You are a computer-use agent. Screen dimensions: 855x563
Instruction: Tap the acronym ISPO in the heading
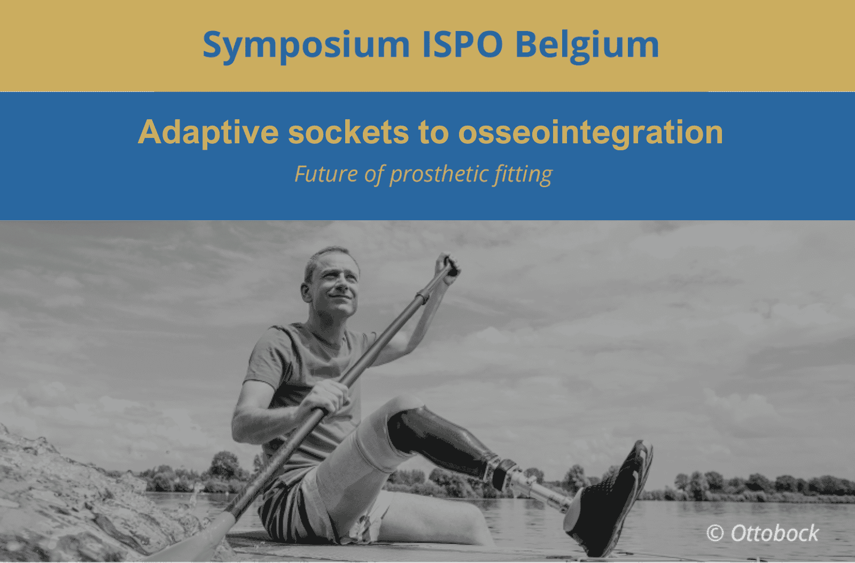click(x=463, y=44)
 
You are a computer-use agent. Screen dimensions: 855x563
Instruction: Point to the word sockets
click(x=348, y=132)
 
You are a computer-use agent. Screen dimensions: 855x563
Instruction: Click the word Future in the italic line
click(x=326, y=174)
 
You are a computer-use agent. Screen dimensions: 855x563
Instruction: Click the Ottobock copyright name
click(x=775, y=533)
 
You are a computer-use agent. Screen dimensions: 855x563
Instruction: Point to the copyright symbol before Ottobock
click(x=715, y=533)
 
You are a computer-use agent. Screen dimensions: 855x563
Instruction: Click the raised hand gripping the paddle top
click(x=448, y=268)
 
